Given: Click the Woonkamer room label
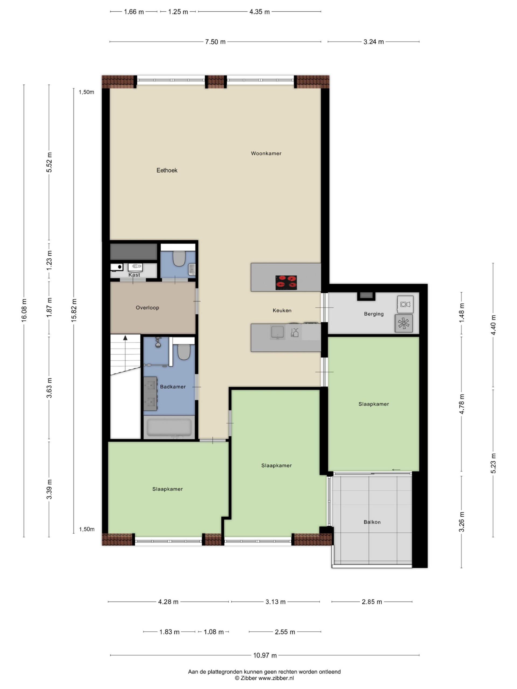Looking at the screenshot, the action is coord(266,153).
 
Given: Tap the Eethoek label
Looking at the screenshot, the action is coord(167,170).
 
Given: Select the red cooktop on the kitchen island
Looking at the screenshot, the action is coord(286,283).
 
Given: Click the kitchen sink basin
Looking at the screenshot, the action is coord(277,332).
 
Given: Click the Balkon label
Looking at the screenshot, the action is coord(372,522).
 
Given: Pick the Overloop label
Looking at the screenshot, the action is coord(147,308).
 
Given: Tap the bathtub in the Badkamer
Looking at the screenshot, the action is coord(169,427).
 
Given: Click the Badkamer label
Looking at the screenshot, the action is coord(173,387).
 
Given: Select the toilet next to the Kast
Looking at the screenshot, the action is coord(179,259).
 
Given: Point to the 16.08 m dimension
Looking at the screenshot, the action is coord(24,310).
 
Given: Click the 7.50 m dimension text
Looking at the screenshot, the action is coord(215,42).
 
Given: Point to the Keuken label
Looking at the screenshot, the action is coord(282,311).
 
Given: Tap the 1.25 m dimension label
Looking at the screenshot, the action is coord(178,12).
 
